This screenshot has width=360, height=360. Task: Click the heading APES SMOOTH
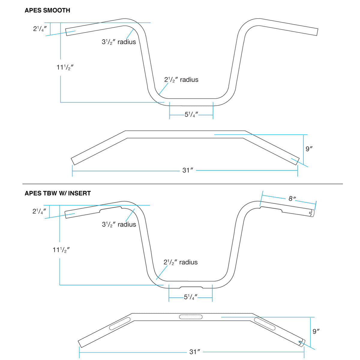(x=47, y=10)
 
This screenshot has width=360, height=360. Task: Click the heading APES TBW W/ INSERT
(x=58, y=193)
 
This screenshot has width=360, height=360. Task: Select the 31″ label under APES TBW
(x=194, y=352)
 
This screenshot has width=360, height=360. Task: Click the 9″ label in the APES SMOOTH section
(x=309, y=149)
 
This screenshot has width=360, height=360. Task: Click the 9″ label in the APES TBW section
(x=316, y=331)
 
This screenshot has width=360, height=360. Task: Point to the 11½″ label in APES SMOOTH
(x=65, y=67)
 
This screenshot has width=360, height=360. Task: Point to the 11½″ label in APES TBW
(x=61, y=250)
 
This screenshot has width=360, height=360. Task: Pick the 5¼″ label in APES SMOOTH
(x=191, y=115)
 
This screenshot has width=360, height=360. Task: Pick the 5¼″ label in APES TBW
(x=191, y=297)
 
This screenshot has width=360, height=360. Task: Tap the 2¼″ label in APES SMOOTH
(x=40, y=29)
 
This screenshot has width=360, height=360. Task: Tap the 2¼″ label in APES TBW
(x=39, y=211)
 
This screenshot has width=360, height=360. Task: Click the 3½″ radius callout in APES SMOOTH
(x=119, y=42)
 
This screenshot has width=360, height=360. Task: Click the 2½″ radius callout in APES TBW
(x=181, y=262)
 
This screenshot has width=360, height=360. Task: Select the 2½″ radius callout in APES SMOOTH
(x=181, y=80)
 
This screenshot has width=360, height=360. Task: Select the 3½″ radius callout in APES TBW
(x=119, y=224)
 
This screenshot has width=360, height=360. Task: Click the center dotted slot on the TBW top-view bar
(x=190, y=316)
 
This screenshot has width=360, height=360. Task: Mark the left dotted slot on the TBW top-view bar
(x=120, y=324)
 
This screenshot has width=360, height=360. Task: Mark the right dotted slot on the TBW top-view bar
(x=264, y=324)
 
